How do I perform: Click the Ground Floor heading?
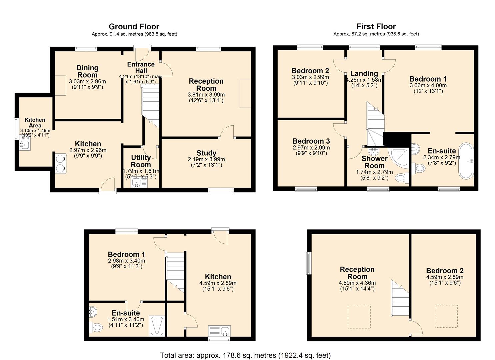[x=134, y=27]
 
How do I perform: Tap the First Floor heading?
[x=376, y=27]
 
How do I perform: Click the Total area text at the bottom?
[x=245, y=355]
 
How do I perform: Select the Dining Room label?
[x=87, y=71]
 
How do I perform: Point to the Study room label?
[x=206, y=153]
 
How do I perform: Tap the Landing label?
[x=364, y=73]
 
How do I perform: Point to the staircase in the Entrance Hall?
[x=151, y=104]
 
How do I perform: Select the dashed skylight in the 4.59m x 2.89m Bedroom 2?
[x=446, y=316]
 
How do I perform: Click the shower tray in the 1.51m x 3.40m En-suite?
[x=157, y=326]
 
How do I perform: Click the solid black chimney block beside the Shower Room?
[x=397, y=139]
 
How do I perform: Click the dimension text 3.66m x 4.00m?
[x=428, y=85]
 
